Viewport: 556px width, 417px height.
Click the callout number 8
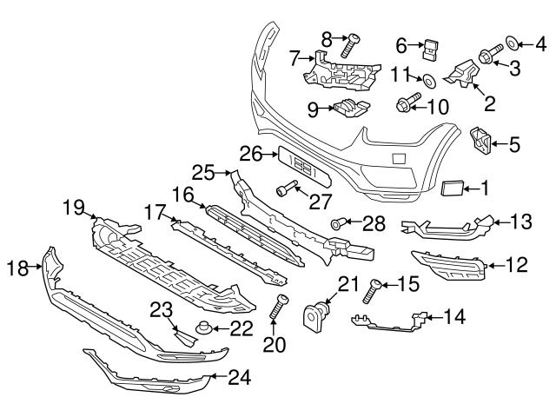[327, 37]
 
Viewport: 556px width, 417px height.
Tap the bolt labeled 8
[354, 43]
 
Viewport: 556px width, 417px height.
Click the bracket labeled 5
[480, 140]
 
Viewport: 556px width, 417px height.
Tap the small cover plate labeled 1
[453, 187]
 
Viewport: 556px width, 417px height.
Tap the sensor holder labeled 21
[316, 314]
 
